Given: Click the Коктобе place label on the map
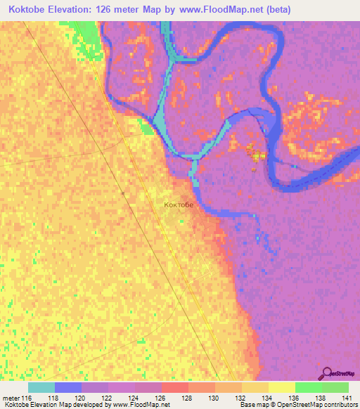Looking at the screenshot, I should point(178,205).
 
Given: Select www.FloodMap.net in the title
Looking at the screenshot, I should point(218,10).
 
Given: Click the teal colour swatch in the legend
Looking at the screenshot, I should point(41,387).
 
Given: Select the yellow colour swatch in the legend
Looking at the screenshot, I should point(281,387).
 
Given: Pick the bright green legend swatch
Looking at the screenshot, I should point(308,387).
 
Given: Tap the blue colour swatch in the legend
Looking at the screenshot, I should point(67,387).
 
